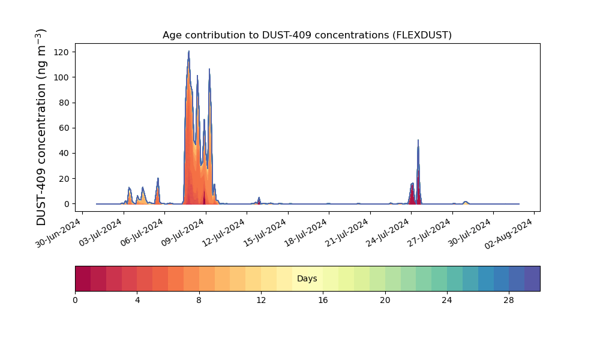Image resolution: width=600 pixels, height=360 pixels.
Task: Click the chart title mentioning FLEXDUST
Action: [x=307, y=35]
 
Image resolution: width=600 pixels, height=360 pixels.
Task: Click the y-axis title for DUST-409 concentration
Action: [x=41, y=127]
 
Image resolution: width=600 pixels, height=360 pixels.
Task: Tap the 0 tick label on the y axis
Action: [x=67, y=204]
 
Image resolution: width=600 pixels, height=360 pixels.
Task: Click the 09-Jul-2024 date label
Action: [x=182, y=232]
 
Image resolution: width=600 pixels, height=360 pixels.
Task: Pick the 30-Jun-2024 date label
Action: [x=58, y=233]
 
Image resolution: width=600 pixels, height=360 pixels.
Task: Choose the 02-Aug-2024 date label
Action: [x=509, y=233]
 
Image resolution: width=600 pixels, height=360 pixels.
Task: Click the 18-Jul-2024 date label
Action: [x=306, y=232]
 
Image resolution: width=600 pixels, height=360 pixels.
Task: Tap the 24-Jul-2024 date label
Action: [x=388, y=232]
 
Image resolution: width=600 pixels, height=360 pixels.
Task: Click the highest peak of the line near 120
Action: [x=188, y=51]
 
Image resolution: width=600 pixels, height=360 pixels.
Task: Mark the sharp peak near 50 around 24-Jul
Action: [x=418, y=140]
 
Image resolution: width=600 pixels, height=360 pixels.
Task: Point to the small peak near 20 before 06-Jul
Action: [x=158, y=179]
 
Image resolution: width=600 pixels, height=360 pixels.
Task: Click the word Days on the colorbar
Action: [x=307, y=278]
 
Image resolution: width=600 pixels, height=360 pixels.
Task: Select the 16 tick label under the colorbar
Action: [x=323, y=301]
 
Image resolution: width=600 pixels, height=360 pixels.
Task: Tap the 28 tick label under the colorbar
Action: [x=509, y=301]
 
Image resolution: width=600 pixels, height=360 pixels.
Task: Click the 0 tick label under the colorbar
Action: [x=75, y=301]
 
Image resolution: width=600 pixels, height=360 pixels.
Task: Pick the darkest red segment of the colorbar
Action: [x=83, y=278]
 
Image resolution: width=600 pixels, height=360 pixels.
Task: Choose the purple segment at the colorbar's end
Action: [x=532, y=278]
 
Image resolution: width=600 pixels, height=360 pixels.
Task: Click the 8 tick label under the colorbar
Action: [x=199, y=301]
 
